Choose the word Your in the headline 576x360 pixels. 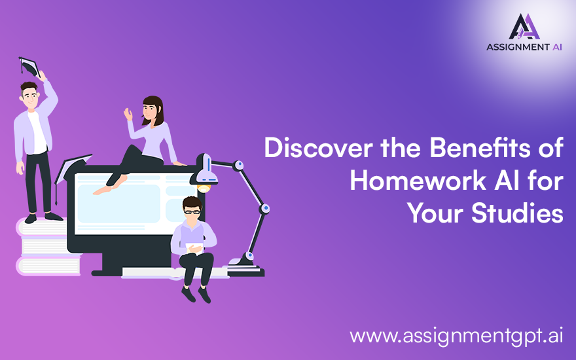434,213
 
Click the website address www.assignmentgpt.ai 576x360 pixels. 456,336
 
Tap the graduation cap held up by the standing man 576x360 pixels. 30,66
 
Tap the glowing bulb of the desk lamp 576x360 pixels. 204,188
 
